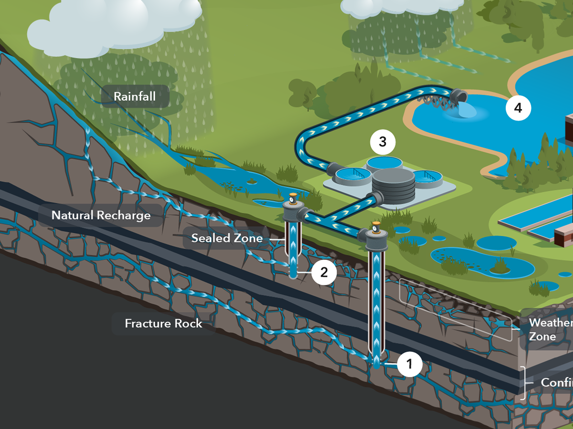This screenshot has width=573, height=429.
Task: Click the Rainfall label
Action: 135,97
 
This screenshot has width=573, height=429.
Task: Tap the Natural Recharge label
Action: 101,215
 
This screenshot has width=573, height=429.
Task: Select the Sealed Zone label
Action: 227,238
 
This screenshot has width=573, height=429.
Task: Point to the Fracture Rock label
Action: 163,324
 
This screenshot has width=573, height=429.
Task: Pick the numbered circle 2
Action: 324,272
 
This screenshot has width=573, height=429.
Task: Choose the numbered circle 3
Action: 382,141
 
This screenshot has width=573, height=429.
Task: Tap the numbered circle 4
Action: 518,108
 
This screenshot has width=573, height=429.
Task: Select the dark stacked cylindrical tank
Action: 393,184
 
